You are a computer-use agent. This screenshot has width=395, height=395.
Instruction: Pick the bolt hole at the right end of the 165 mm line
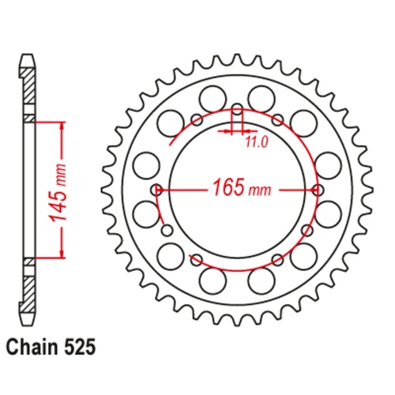318,190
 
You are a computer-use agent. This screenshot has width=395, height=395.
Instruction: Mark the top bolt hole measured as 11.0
238,108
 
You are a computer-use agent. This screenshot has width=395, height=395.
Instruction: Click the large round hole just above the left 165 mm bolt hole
145,166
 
